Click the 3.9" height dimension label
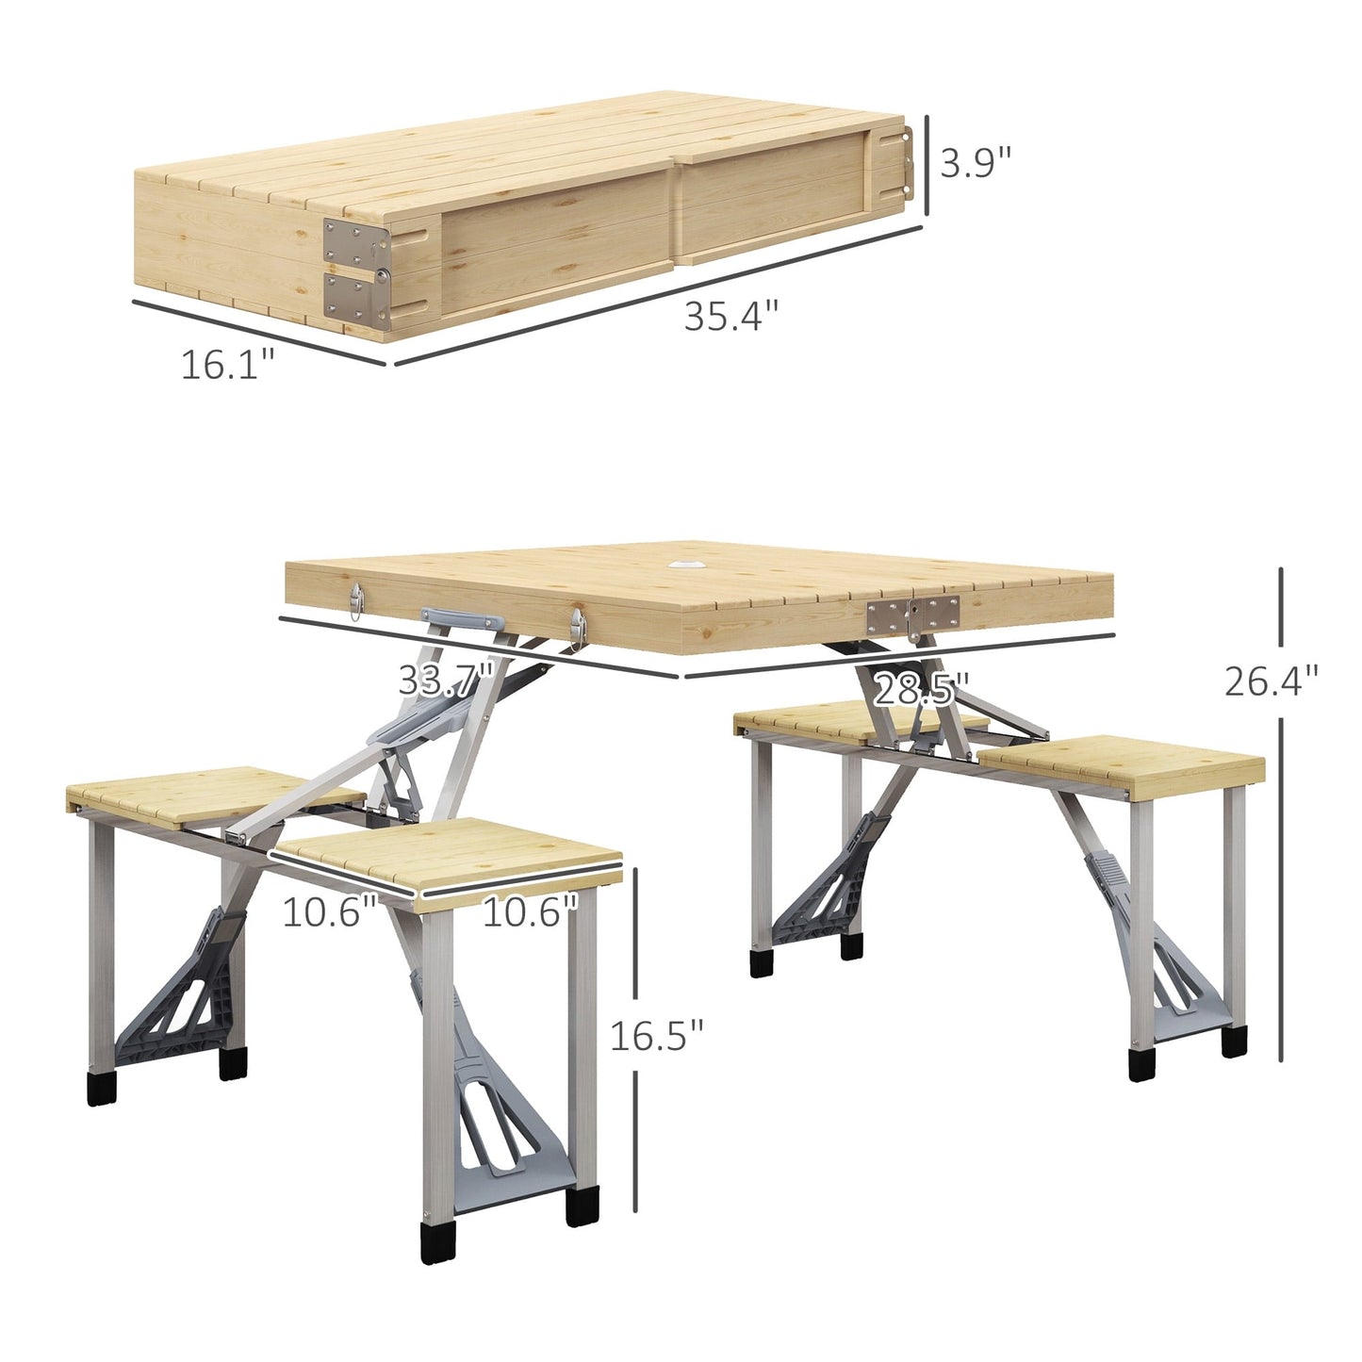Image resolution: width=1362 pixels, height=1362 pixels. tap(975, 164)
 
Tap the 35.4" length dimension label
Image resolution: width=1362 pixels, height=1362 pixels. tap(731, 316)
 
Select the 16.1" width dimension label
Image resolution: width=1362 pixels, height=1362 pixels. tap(227, 365)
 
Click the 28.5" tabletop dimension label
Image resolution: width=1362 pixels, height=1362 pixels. tap(921, 690)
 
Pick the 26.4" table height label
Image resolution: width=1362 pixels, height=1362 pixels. tap(1271, 681)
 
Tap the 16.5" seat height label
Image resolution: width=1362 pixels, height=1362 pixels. tap(657, 1036)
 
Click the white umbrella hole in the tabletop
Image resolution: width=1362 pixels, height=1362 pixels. tap(694, 566)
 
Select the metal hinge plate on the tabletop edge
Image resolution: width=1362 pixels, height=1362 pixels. tap(911, 615)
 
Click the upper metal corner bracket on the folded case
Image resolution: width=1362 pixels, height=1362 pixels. tap(355, 242)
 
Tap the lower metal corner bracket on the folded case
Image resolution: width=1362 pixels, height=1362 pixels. tap(355, 297)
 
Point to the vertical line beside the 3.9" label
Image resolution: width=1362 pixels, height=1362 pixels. tap(927, 164)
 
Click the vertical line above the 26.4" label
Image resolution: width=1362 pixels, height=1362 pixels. tap(1280, 613)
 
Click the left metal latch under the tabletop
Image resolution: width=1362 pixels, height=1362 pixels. tap(355, 600)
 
